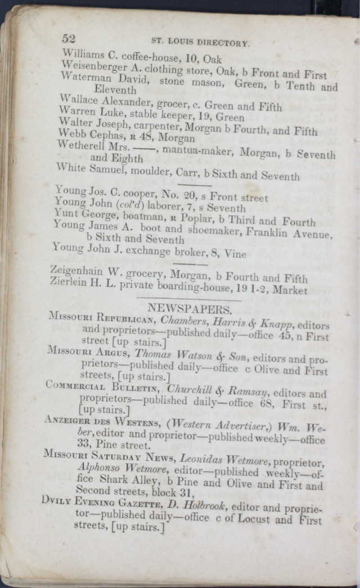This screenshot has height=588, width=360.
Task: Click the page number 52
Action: point(69,39)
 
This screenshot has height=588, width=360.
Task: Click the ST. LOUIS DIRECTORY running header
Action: point(200,43)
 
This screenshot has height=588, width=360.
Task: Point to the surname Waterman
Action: point(83,78)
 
